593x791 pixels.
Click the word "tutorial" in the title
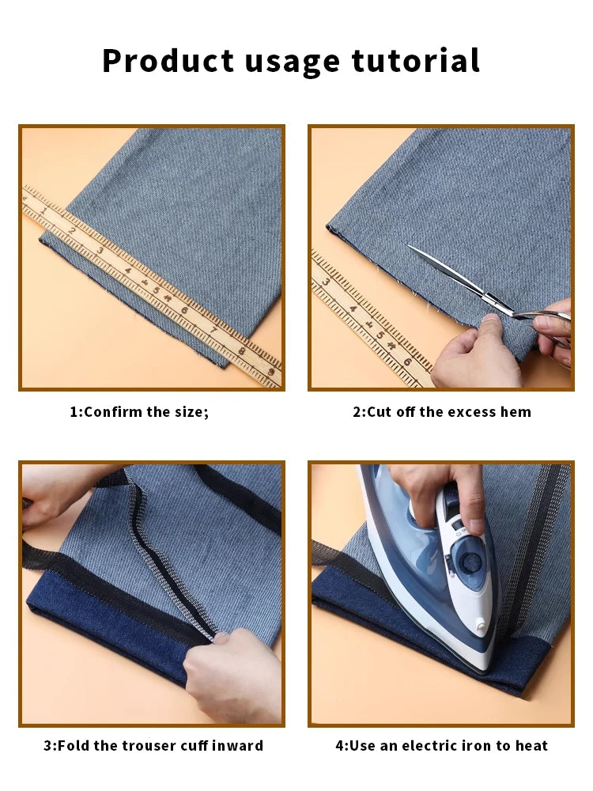pyautogui.click(x=415, y=62)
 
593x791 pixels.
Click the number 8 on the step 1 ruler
pyautogui.click(x=242, y=350)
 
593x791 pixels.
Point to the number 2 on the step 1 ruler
pyautogui.click(x=72, y=231)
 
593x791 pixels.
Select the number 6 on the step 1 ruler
pyautogui.click(x=184, y=310)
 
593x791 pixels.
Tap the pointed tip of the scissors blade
pyautogui.click(x=410, y=248)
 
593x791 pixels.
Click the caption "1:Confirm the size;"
pyautogui.click(x=139, y=412)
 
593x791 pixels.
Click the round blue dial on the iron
pyautogui.click(x=471, y=562)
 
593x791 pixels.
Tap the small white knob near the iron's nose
pyautogui.click(x=480, y=626)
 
